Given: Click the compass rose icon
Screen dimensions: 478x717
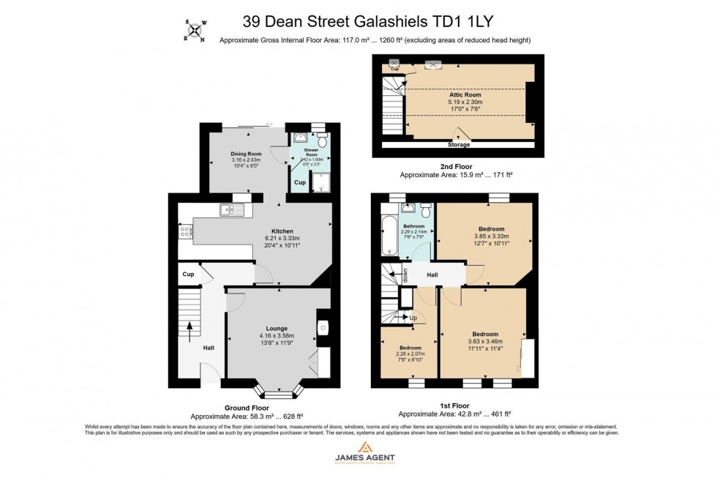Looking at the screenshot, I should point(194,29).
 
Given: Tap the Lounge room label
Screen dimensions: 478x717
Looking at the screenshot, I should point(277,329).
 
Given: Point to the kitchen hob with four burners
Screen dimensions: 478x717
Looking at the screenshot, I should point(186,231).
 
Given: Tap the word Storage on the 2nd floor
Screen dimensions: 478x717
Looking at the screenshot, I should point(459,145).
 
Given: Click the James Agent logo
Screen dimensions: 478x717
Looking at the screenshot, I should point(364,452).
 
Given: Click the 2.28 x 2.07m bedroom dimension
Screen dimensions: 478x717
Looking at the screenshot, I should point(410,354).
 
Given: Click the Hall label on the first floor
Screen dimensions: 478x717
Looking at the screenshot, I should point(433,274).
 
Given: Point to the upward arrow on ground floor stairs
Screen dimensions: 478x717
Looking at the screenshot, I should point(189,327).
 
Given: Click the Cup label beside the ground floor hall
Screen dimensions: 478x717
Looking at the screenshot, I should point(188,275).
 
